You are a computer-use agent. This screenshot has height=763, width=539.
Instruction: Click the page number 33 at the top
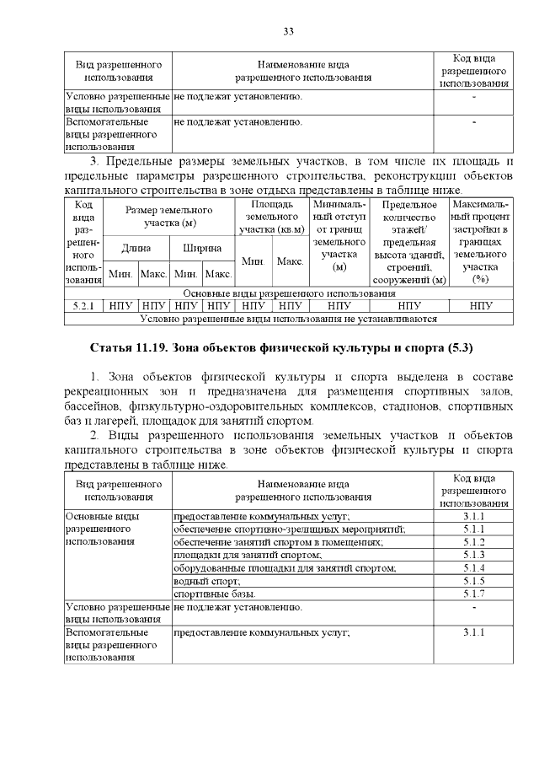tap(287, 31)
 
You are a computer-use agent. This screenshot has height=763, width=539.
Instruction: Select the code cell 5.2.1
tap(83, 307)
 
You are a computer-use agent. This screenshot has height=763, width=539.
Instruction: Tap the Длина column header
tap(136, 249)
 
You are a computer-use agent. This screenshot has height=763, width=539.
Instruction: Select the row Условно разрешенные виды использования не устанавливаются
tap(287, 320)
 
